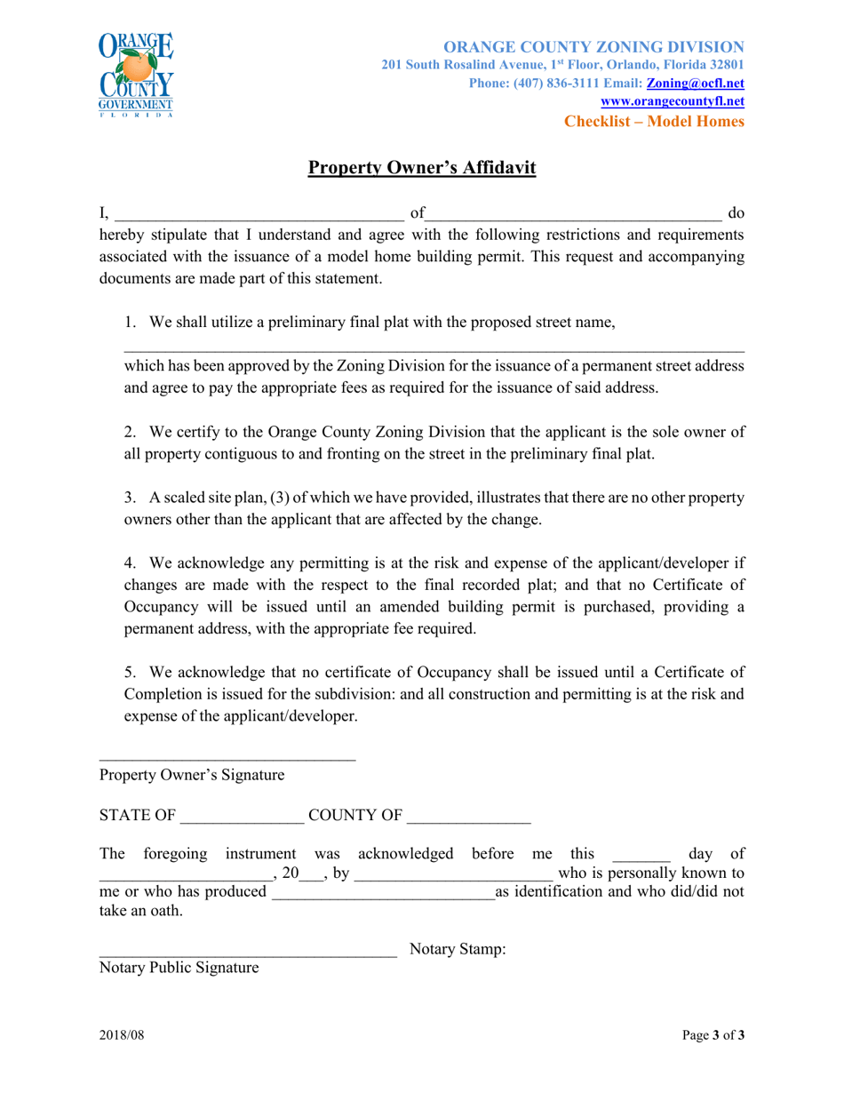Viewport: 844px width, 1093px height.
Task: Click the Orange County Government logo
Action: [x=136, y=76]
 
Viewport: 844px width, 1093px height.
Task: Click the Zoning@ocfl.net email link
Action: [x=695, y=82]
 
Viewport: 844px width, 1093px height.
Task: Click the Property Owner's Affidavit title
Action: [x=422, y=168]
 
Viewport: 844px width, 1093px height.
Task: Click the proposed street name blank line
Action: [x=434, y=347]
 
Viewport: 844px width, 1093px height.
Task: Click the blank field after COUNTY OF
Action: [x=468, y=816]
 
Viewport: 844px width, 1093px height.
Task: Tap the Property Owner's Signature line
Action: [x=227, y=756]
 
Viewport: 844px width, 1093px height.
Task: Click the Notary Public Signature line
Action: [x=247, y=952]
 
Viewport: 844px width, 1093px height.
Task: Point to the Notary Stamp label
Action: [x=458, y=949]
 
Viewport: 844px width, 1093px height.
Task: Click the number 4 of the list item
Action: [x=130, y=562]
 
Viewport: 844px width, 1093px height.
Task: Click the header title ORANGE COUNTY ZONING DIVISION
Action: [x=593, y=46]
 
